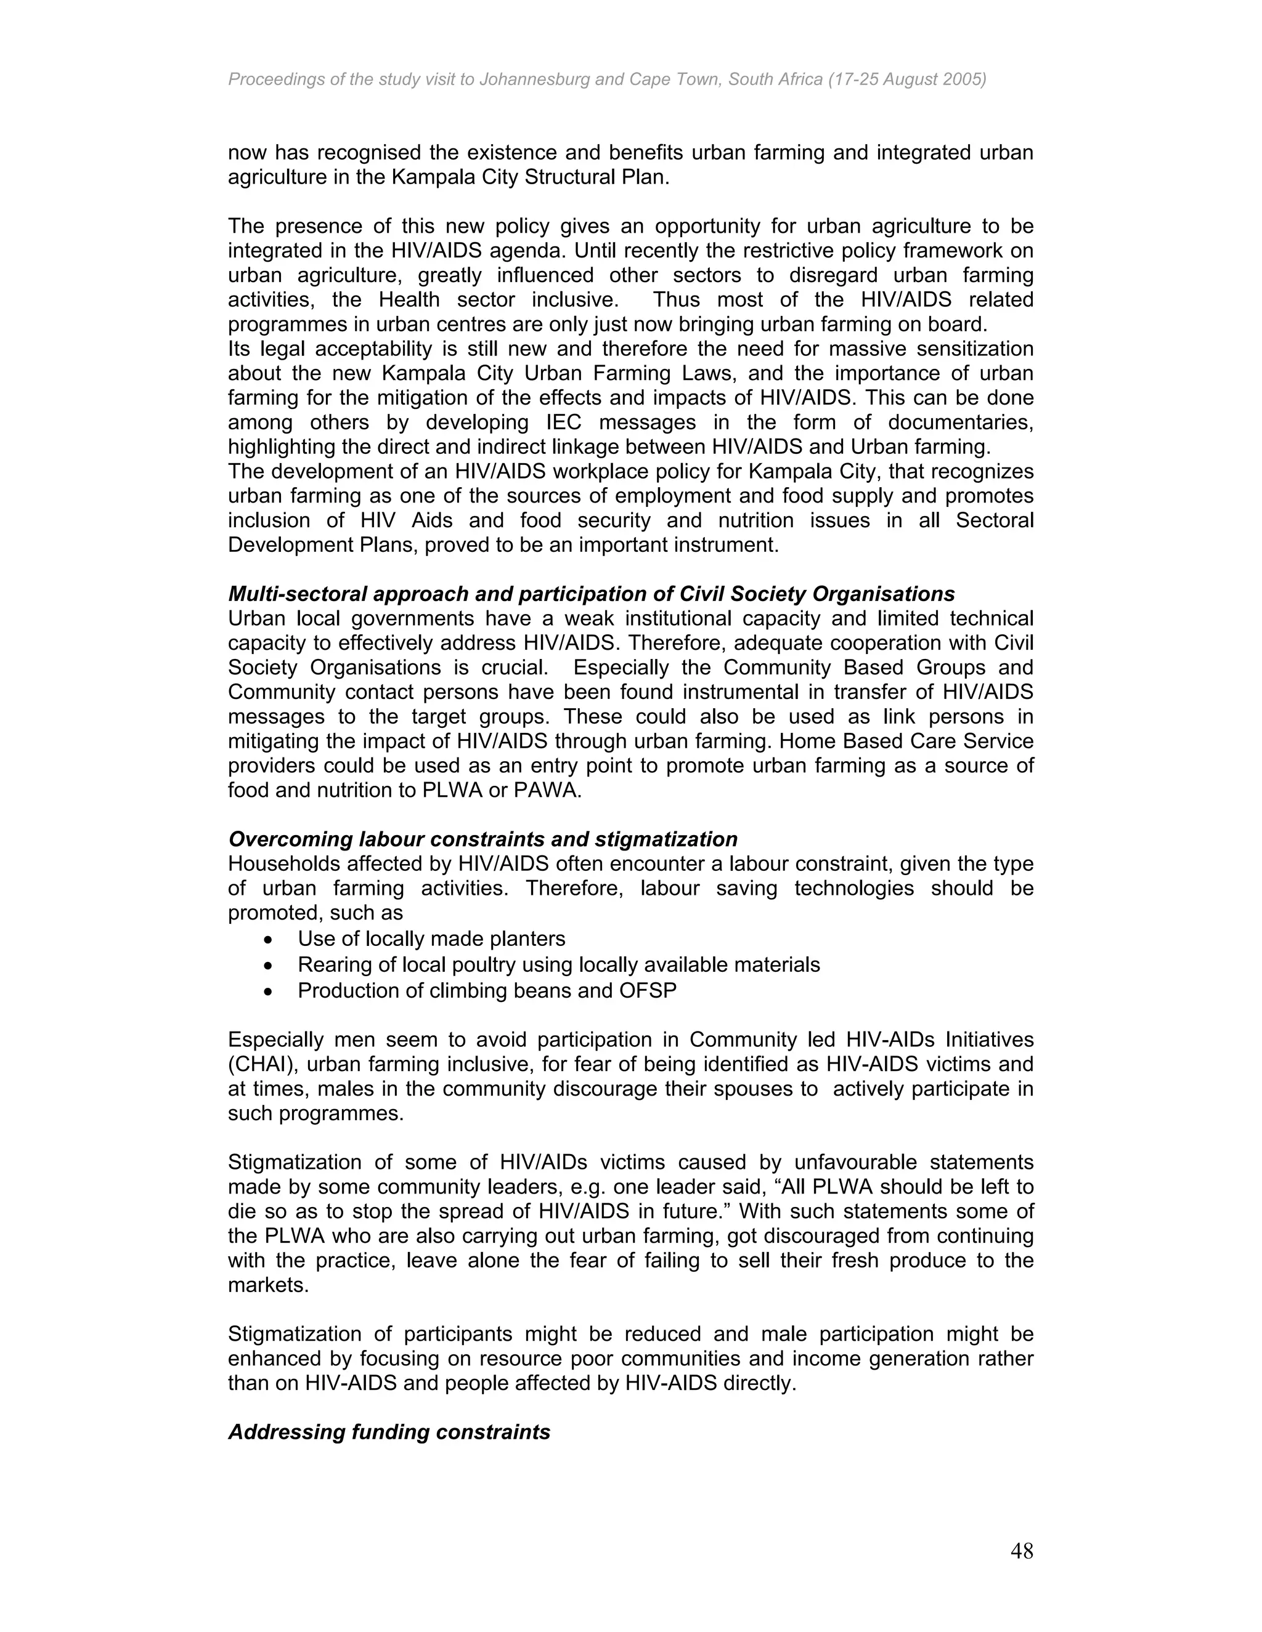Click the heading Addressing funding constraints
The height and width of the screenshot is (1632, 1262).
click(x=389, y=1432)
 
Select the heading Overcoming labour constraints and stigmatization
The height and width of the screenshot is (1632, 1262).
click(x=482, y=839)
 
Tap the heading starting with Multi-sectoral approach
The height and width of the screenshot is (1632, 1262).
click(x=590, y=594)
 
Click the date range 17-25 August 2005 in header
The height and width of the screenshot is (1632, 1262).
click(x=909, y=79)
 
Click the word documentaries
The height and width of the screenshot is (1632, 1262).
click(x=960, y=422)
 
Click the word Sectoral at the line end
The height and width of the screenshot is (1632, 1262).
click(x=995, y=521)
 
